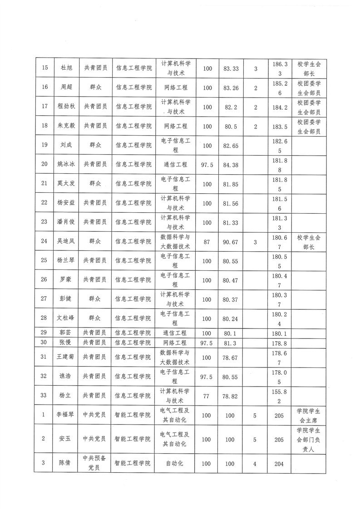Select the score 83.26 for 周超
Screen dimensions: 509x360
click(x=231, y=88)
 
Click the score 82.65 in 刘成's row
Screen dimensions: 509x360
click(x=231, y=146)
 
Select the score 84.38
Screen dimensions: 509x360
click(x=231, y=165)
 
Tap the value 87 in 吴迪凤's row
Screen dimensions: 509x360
click(x=207, y=242)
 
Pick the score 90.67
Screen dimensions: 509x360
click(x=231, y=242)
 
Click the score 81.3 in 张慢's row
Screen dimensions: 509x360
click(x=231, y=343)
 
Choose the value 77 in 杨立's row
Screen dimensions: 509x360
click(x=207, y=396)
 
